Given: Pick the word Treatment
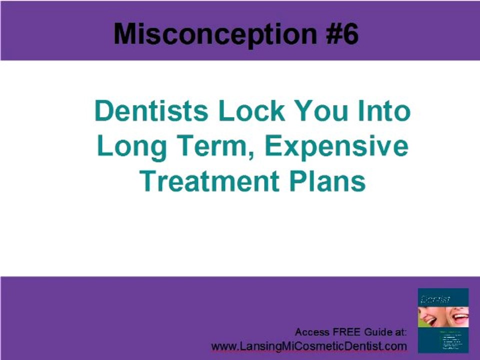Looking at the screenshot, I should [x=210, y=181].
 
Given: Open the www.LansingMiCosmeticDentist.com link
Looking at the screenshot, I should [x=309, y=346].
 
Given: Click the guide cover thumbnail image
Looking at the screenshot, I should [x=443, y=320].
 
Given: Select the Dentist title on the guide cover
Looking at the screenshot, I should [x=436, y=299].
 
